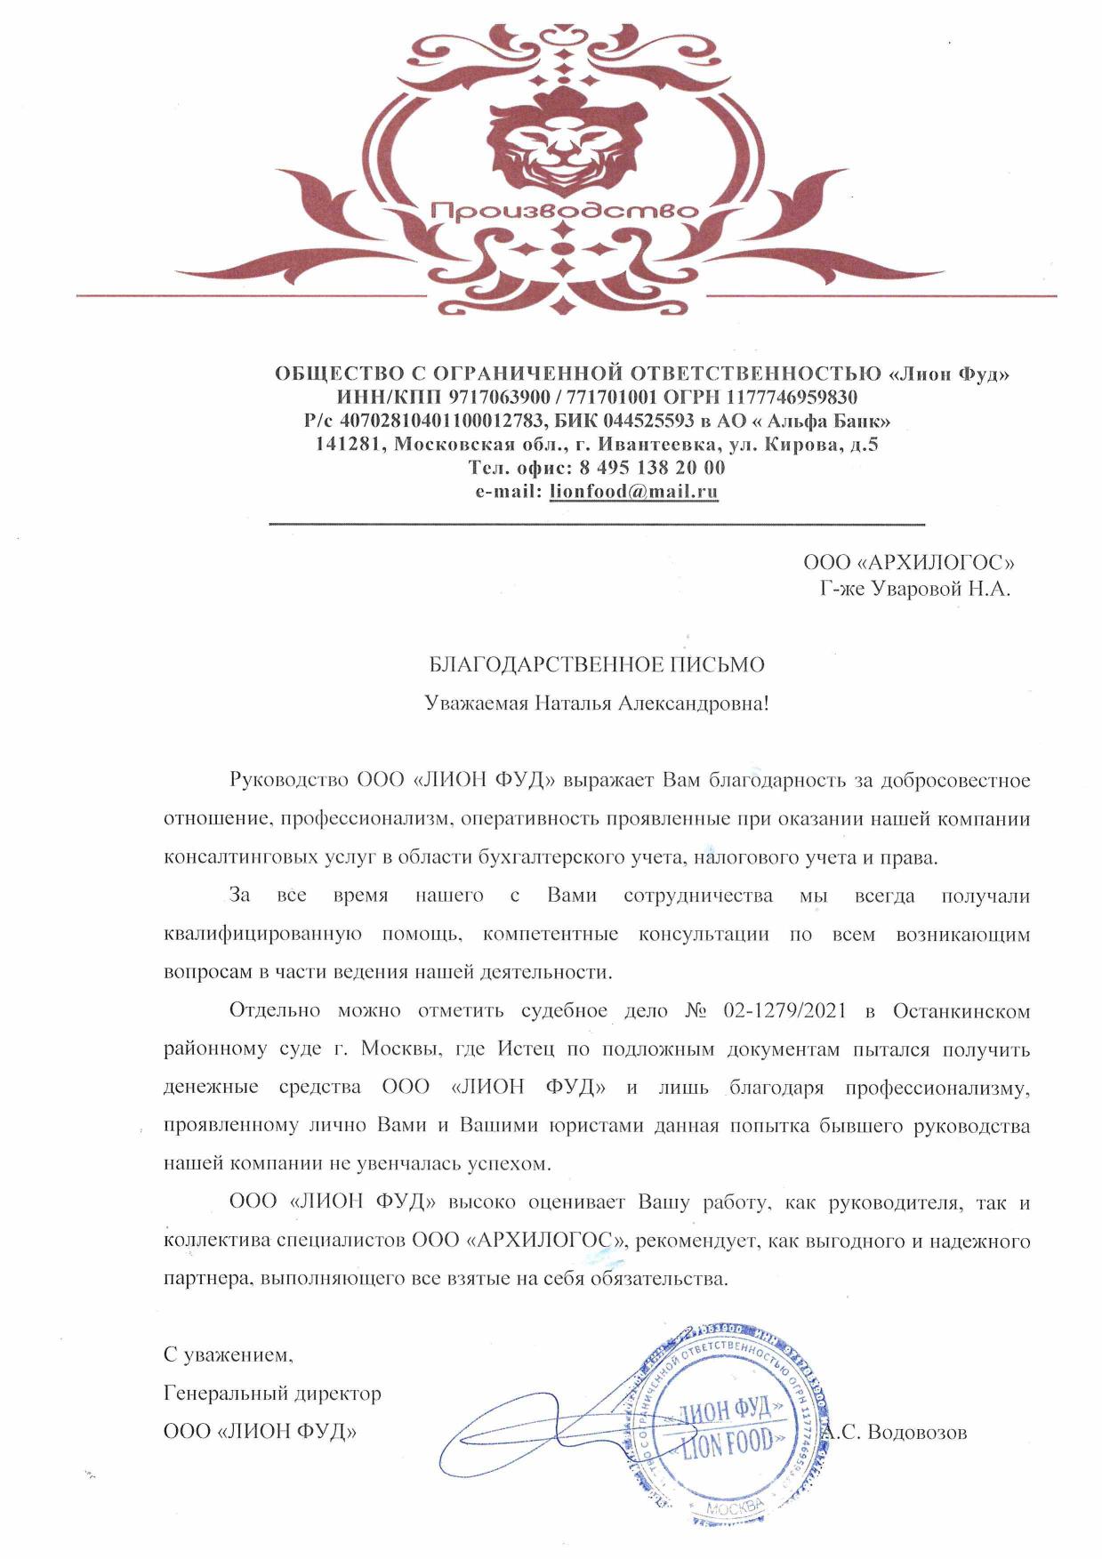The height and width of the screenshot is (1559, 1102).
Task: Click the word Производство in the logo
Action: pos(564,211)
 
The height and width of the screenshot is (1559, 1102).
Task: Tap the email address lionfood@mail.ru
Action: pos(633,491)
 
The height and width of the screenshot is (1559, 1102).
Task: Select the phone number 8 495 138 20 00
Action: pos(651,467)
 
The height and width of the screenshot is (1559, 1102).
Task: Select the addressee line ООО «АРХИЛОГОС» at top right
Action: pos(908,562)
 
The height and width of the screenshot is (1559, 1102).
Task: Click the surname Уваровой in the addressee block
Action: pos(914,589)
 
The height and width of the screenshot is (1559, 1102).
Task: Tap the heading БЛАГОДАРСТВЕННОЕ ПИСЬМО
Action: pos(597,664)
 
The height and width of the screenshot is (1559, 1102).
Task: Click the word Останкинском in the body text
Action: pos(961,1010)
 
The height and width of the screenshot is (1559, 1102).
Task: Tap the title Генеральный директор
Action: pos(272,1394)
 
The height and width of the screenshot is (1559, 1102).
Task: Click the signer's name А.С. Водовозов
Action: pos(894,1433)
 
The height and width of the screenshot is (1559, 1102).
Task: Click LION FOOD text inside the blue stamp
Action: pos(728,1444)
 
